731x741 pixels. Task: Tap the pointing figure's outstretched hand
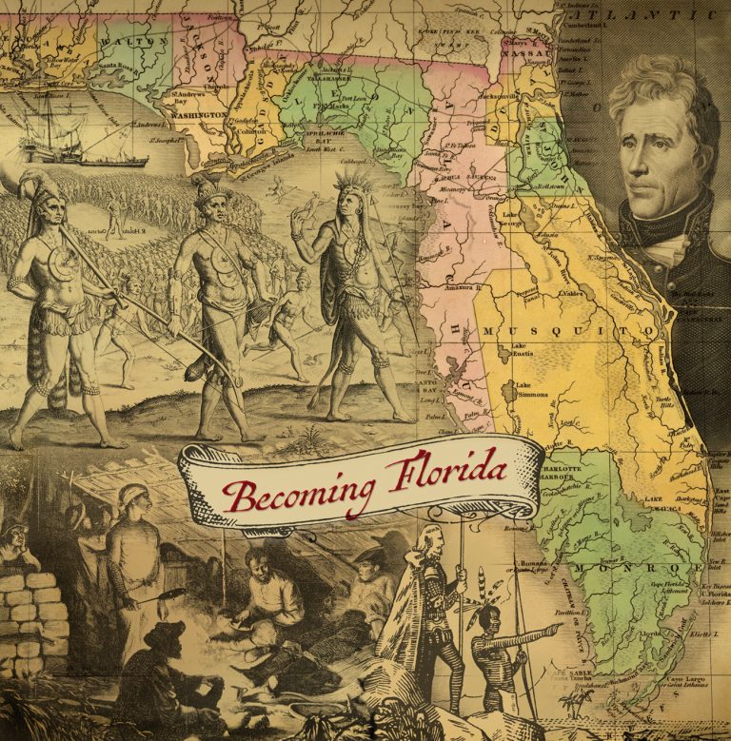pyautogui.click(x=555, y=629)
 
